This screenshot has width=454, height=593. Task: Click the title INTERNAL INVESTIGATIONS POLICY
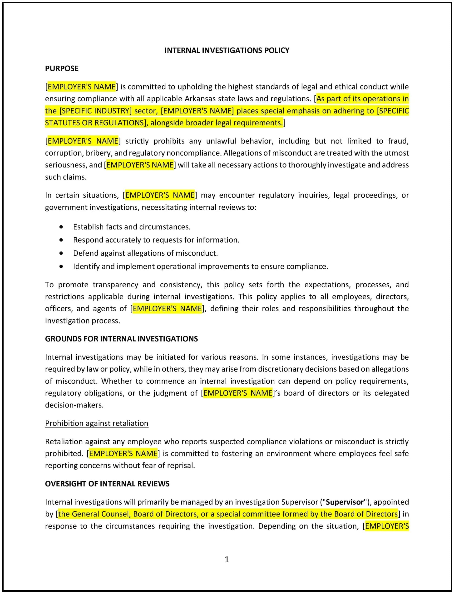point(227,50)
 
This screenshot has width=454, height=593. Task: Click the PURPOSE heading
point(62,68)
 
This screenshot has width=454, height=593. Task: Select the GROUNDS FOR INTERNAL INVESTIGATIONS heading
point(121,338)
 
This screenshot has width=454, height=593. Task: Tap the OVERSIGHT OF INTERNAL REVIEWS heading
point(107,483)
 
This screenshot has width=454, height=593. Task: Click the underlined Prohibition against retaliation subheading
point(96,423)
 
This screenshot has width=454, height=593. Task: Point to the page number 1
point(227,559)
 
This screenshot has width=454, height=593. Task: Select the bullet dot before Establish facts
point(61,227)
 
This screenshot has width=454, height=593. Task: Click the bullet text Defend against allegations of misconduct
point(145,253)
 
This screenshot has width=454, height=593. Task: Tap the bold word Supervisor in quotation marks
point(345,502)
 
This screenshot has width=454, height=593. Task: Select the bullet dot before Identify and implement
point(61,266)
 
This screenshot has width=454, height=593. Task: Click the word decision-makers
point(74,405)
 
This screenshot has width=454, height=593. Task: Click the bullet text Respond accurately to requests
point(156,240)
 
